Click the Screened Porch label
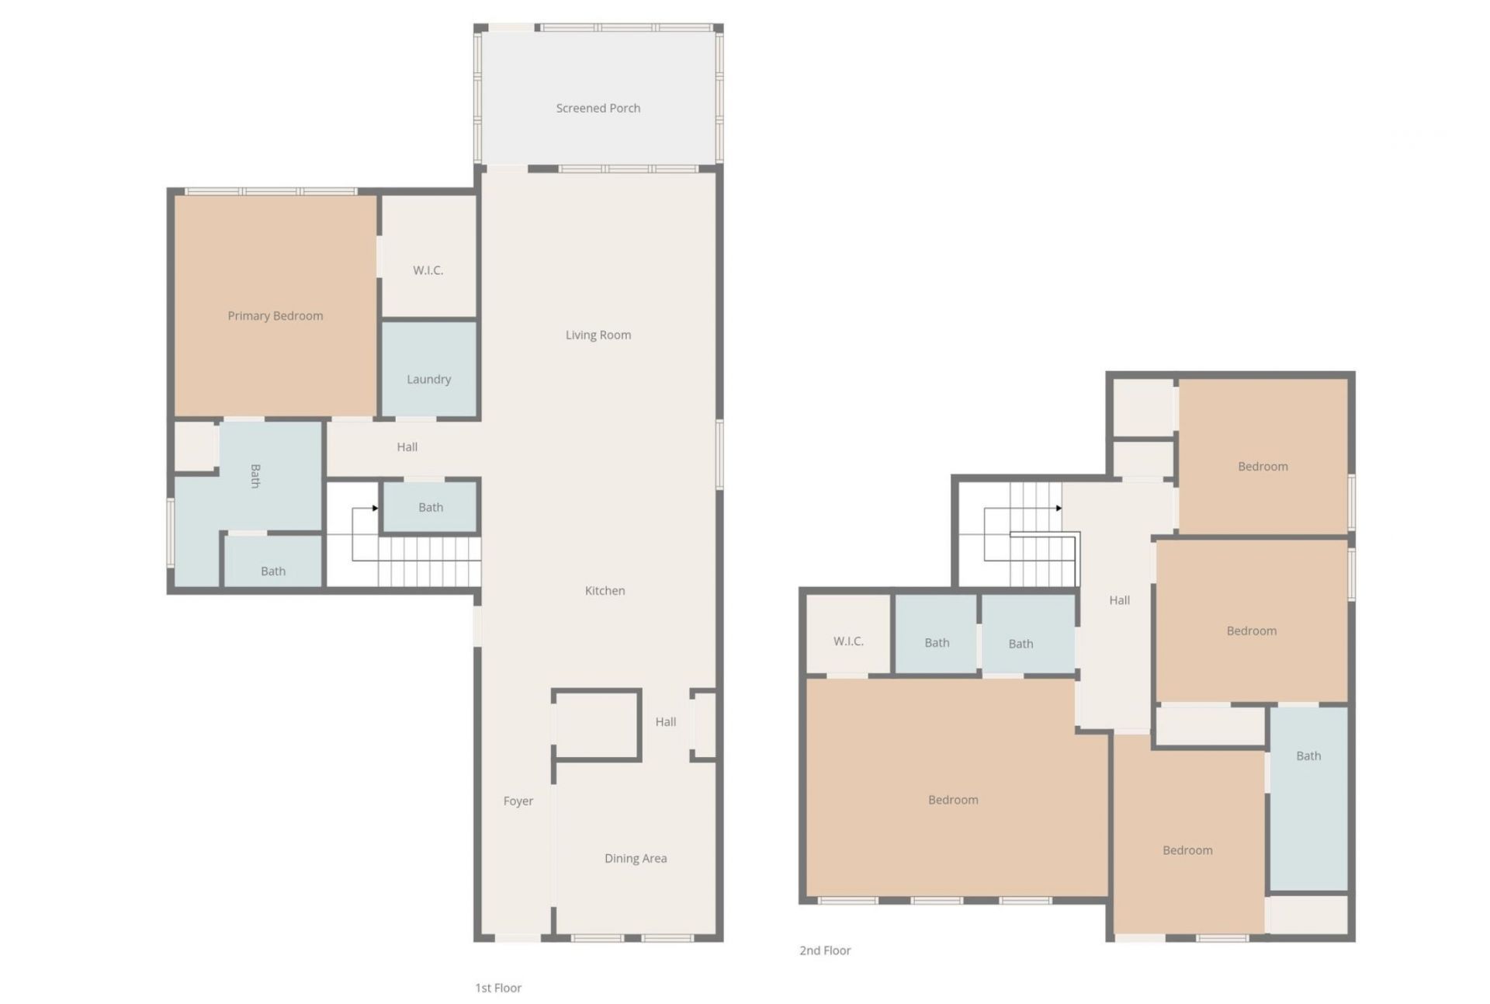pyautogui.click(x=598, y=108)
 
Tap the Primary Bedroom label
pyautogui.click(x=275, y=316)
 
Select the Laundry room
pyautogui.click(x=429, y=370)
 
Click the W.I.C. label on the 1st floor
pyautogui.click(x=428, y=270)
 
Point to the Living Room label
pyautogui.click(x=598, y=335)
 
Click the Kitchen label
pyautogui.click(x=605, y=591)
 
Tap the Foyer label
pyautogui.click(x=518, y=801)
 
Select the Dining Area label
pyautogui.click(x=636, y=858)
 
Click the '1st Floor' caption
pyautogui.click(x=498, y=988)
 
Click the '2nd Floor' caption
pyautogui.click(x=825, y=950)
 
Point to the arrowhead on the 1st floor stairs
pyautogui.click(x=375, y=508)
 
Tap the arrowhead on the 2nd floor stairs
pyautogui.click(x=1059, y=508)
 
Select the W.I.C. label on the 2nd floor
pyautogui.click(x=848, y=641)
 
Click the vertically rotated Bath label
pyautogui.click(x=255, y=476)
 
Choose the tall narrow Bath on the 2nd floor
pyautogui.click(x=1308, y=798)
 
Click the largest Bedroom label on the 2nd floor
pyautogui.click(x=953, y=800)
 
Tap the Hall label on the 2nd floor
pyautogui.click(x=1119, y=600)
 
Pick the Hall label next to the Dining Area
pyautogui.click(x=665, y=722)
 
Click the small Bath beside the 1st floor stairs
pyautogui.click(x=431, y=507)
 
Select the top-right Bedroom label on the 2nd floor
pyautogui.click(x=1263, y=467)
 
